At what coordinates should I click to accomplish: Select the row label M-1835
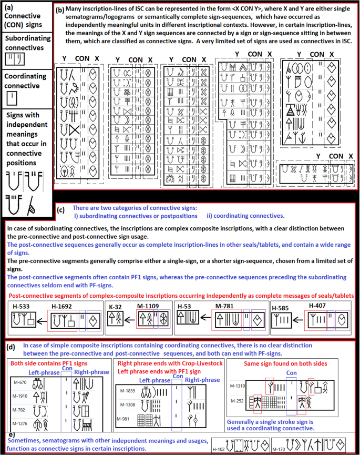coord(127,391)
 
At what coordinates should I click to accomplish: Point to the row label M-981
coord(125,419)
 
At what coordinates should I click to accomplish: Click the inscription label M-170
coord(277,450)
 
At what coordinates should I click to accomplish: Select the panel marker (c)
coord(61,210)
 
